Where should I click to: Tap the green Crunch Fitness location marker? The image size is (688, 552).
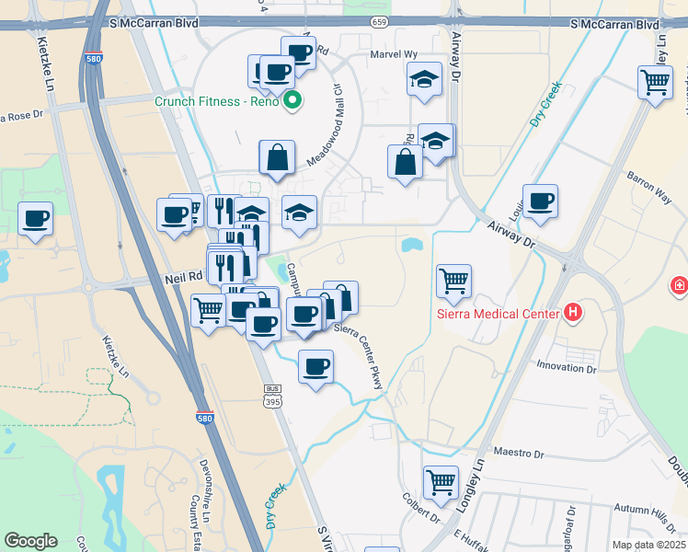[x=293, y=100]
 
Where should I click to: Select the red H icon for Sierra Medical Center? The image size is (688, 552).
[x=574, y=313]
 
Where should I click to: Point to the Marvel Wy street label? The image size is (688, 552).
[x=393, y=54]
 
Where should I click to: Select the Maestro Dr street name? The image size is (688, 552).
[x=520, y=454]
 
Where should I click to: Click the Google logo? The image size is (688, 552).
[x=30, y=540]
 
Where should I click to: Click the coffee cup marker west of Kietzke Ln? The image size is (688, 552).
[x=35, y=219]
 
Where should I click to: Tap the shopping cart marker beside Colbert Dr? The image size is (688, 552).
[x=441, y=481]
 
